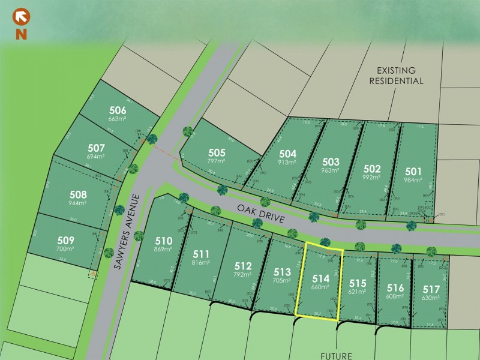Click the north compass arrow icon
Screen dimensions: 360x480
(21, 16)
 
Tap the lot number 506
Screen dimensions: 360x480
(118, 110)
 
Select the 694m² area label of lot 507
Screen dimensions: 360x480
(96, 157)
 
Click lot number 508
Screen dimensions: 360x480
(79, 194)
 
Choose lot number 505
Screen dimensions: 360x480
(217, 153)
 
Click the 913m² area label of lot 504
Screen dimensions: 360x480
(287, 163)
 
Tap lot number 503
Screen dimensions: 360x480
(331, 162)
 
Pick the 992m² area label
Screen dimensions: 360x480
(373, 178)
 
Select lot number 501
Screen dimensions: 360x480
(414, 170)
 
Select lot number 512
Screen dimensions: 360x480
(243, 266)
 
